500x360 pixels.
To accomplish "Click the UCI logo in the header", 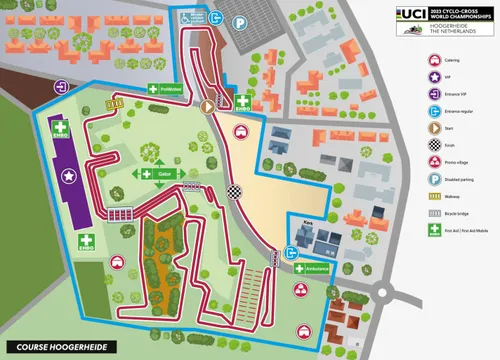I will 410,14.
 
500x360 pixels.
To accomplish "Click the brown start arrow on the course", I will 208,104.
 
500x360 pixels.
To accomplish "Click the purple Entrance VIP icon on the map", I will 62,87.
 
